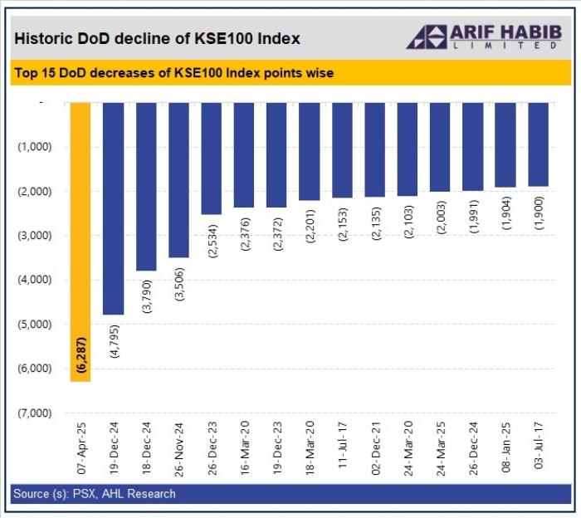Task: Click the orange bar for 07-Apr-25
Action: click(x=81, y=241)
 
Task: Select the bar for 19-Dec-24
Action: click(x=114, y=208)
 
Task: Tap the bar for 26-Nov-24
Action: click(x=178, y=179)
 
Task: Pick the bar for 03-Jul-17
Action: click(x=538, y=144)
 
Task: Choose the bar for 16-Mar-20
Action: click(x=244, y=154)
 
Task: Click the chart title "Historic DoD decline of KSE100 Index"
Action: click(x=158, y=38)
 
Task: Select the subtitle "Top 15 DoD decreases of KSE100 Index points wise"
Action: click(x=174, y=73)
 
